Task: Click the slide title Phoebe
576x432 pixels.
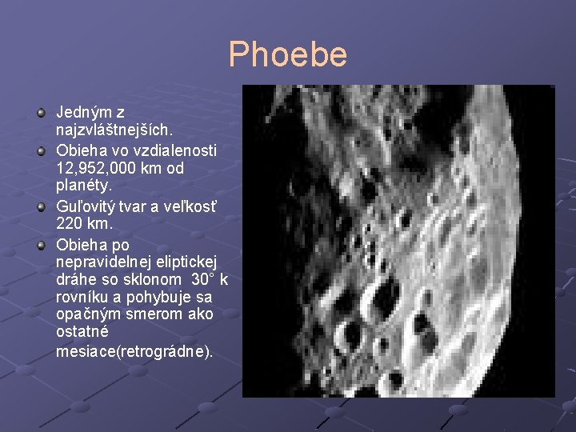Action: point(287,54)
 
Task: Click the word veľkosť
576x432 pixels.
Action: point(187,207)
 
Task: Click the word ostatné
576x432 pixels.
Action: point(82,332)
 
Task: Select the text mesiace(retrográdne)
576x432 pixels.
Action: point(134,350)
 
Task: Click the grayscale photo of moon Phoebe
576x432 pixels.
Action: point(398,241)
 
